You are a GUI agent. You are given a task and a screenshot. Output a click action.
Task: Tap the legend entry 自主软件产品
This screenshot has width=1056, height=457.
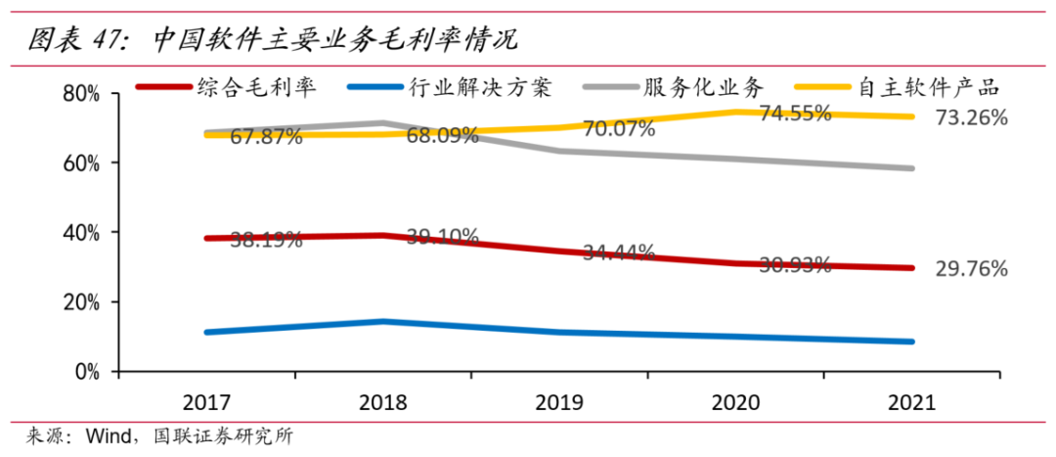(929, 88)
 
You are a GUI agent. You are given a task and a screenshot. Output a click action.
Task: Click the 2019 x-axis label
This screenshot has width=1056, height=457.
(558, 402)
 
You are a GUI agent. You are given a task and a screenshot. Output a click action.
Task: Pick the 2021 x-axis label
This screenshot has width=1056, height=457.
(911, 402)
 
